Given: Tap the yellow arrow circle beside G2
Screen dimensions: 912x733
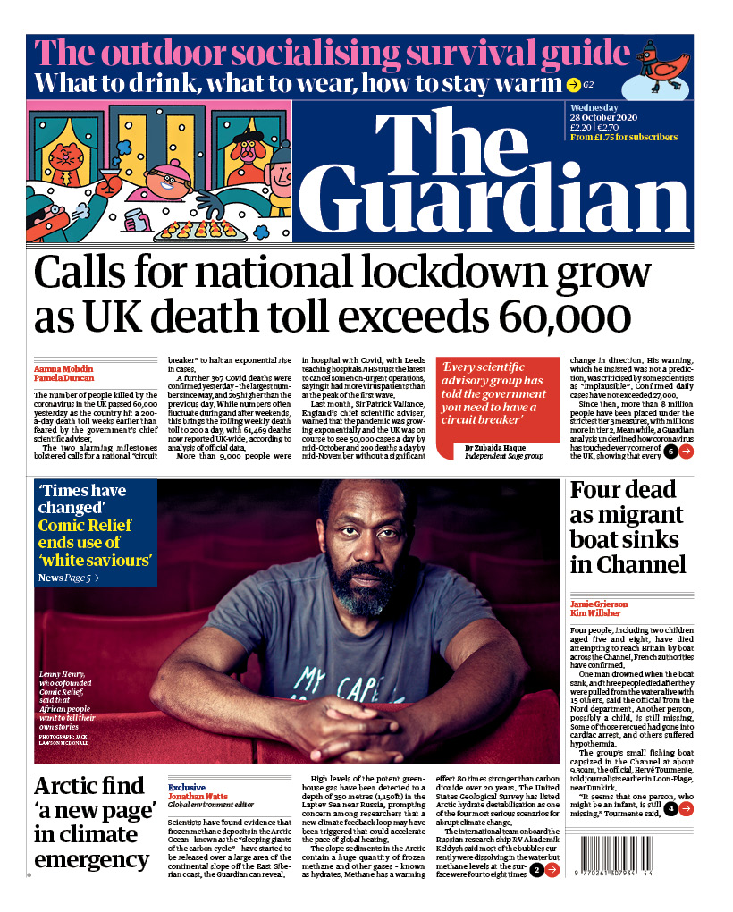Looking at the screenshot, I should point(573,85).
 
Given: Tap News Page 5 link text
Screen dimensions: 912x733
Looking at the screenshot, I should point(68,578).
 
